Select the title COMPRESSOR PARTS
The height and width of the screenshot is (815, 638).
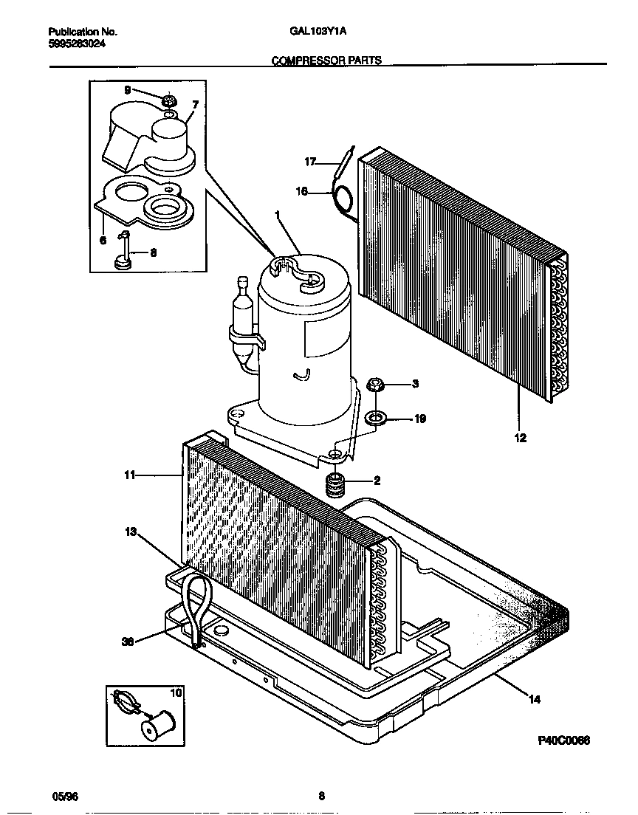pyautogui.click(x=327, y=61)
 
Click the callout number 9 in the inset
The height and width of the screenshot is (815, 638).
pyautogui.click(x=127, y=90)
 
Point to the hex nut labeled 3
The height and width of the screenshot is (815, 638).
pyautogui.click(x=374, y=385)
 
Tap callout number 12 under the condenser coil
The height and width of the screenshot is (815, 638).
pyautogui.click(x=520, y=438)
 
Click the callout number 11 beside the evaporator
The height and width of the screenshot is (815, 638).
pyautogui.click(x=130, y=475)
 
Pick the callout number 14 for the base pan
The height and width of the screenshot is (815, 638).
pyautogui.click(x=535, y=699)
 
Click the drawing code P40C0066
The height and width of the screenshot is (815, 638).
pyautogui.click(x=563, y=740)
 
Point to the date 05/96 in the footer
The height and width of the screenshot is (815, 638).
pyautogui.click(x=65, y=797)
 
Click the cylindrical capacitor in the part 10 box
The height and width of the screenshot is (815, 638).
pyautogui.click(x=157, y=724)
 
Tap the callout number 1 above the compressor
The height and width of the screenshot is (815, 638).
pyautogui.click(x=278, y=215)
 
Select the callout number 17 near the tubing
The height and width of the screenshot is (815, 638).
pyautogui.click(x=310, y=161)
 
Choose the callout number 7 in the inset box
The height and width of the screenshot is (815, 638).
pyautogui.click(x=195, y=104)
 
